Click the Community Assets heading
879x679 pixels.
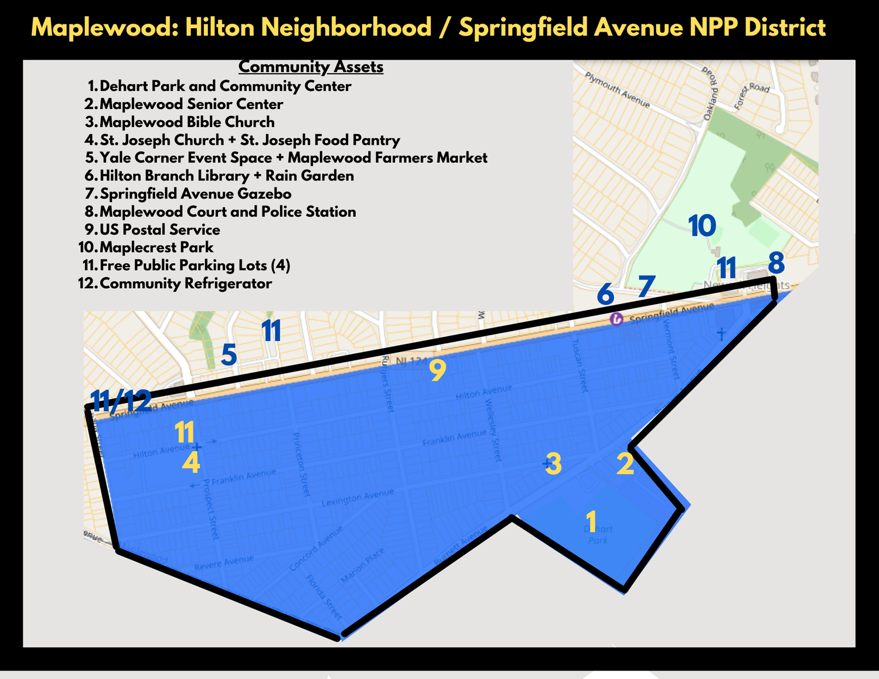pos(311,67)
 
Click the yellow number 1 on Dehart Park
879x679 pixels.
pos(591,521)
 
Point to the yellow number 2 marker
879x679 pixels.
pos(625,464)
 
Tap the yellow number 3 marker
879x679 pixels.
pos(554,464)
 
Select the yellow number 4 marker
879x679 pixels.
pos(191,463)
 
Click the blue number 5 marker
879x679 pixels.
pos(229,355)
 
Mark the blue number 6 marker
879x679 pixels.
pos(605,294)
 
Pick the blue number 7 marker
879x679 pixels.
pos(646,286)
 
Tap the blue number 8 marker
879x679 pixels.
pos(776,263)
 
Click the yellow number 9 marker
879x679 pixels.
pos(438,370)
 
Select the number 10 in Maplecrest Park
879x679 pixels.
pos(702,226)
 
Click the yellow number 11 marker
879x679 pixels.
pos(185,433)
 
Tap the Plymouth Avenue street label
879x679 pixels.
pos(618,90)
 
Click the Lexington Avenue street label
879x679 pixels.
pos(357,498)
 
